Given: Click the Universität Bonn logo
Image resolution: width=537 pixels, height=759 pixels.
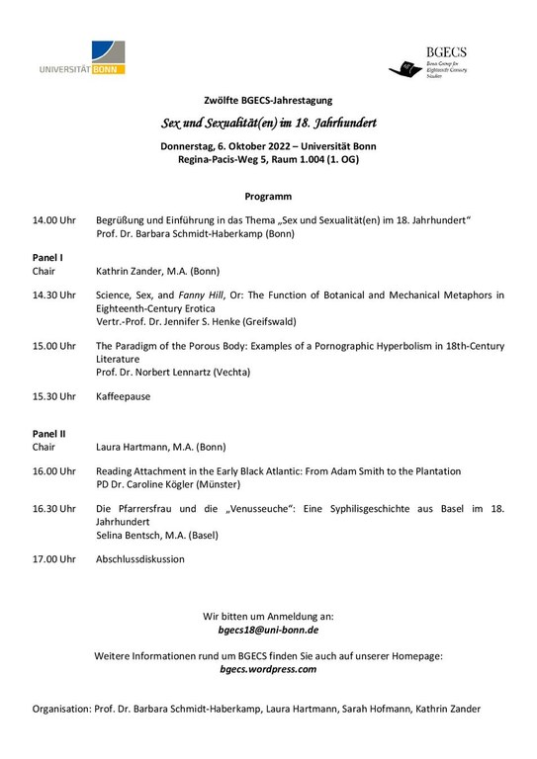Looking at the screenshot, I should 88,58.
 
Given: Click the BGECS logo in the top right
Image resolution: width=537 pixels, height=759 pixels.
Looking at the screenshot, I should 439,60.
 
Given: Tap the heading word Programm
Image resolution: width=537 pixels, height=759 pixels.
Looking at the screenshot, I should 268,196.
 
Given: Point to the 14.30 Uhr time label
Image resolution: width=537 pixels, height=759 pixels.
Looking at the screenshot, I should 53,295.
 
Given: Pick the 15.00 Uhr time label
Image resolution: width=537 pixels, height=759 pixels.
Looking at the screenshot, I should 53,346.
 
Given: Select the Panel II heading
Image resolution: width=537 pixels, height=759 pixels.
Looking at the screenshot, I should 48,433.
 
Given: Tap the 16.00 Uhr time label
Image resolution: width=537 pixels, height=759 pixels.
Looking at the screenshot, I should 53,471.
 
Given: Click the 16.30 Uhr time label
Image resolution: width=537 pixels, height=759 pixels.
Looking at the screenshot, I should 53,508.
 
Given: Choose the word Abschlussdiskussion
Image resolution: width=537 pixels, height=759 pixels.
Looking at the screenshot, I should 139,558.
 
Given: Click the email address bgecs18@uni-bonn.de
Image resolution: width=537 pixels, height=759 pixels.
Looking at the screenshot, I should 268,629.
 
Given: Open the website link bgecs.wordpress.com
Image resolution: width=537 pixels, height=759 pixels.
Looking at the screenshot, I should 268,668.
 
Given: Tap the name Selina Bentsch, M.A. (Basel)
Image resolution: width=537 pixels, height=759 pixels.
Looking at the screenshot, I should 156,535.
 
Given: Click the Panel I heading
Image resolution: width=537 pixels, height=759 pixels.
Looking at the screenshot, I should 47,257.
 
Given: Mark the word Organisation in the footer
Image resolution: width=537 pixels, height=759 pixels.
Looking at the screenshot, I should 60,709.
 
